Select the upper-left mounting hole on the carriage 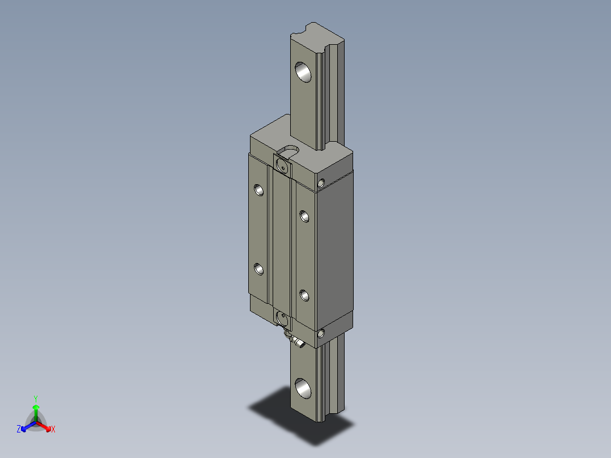pyautogui.click(x=259, y=190)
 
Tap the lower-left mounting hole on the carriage pyautogui.click(x=259, y=269)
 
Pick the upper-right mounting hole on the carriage pyautogui.click(x=304, y=215)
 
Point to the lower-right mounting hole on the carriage pyautogui.click(x=304, y=295)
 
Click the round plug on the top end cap pyautogui.click(x=282, y=165)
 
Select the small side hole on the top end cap pyautogui.click(x=322, y=183)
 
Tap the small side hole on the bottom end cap pyautogui.click(x=322, y=333)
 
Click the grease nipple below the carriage pyautogui.click(x=296, y=341)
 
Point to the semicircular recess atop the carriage pyautogui.click(x=291, y=150)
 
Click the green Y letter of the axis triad pyautogui.click(x=36, y=398)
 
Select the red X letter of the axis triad pyautogui.click(x=53, y=430)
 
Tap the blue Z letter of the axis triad pyautogui.click(x=19, y=430)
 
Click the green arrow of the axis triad pyautogui.click(x=36, y=409)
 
